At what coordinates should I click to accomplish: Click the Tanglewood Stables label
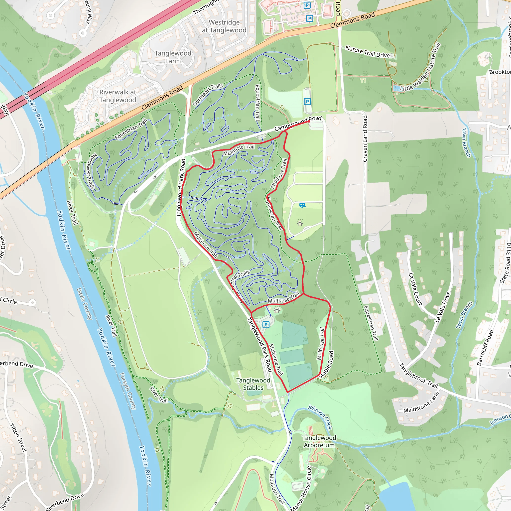click(253, 384)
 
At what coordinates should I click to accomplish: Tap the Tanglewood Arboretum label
click(319, 441)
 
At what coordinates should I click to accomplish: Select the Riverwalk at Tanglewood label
click(118, 96)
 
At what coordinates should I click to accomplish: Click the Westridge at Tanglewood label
click(224, 26)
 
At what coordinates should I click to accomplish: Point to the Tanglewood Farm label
click(173, 57)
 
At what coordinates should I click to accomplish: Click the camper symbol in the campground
click(302, 205)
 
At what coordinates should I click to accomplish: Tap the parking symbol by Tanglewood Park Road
click(266, 325)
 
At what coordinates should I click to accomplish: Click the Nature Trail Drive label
click(367, 52)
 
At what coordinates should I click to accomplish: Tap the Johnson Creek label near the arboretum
click(320, 417)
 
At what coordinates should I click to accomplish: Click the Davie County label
click(84, 304)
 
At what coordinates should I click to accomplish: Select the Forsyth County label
click(128, 391)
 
